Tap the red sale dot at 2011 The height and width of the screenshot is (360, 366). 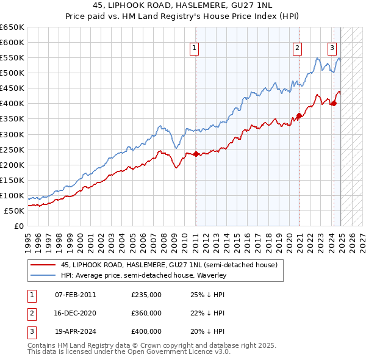[x=196, y=154]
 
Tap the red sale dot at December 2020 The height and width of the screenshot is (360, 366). [x=299, y=115]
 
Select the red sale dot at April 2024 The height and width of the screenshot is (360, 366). [x=334, y=103]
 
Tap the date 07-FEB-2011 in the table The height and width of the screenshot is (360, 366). [x=76, y=295]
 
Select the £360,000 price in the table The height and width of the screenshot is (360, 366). [x=146, y=313]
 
